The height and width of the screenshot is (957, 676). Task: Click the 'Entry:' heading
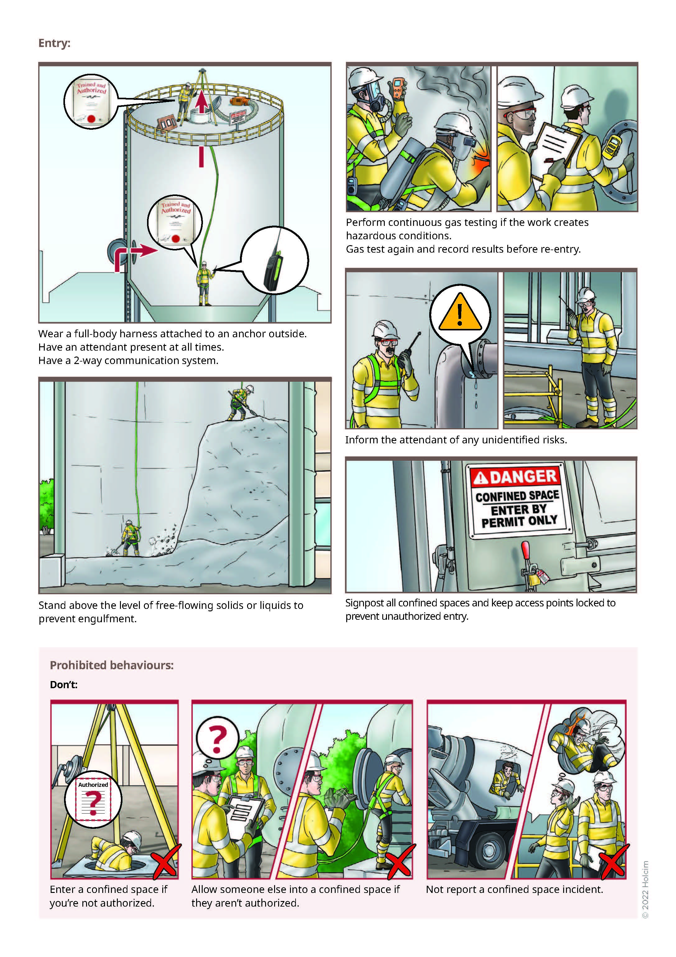point(54,43)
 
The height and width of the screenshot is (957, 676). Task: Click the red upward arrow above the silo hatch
point(202,102)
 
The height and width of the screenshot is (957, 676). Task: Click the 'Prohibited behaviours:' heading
point(111,665)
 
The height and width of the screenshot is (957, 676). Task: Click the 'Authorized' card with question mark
point(93,799)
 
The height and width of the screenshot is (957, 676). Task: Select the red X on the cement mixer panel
point(612,862)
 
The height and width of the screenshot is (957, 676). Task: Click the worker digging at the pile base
point(129,538)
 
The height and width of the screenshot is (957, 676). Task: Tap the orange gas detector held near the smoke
point(398,89)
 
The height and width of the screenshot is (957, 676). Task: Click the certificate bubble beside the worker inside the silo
point(175,222)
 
